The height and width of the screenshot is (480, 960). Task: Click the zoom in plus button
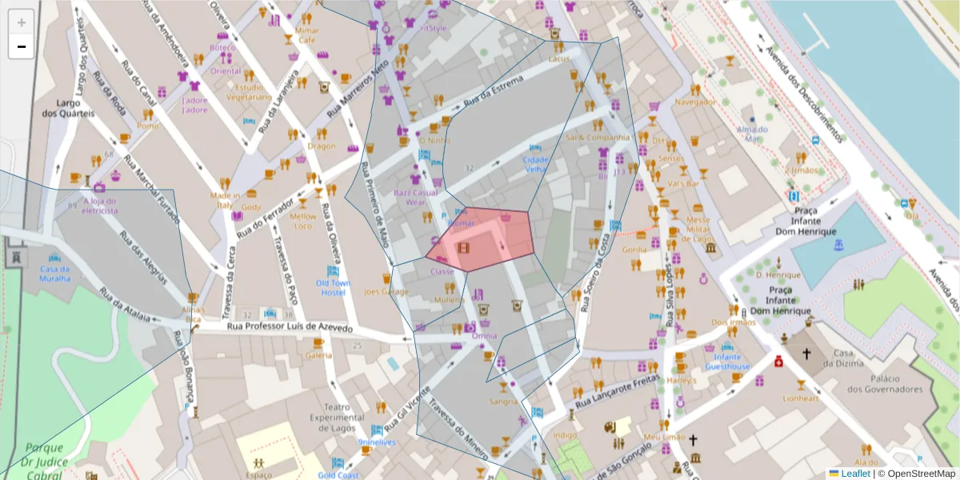pyautogui.click(x=22, y=22)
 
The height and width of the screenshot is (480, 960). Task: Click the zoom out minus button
pyautogui.click(x=22, y=46)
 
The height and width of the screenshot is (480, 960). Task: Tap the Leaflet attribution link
pyautogui.click(x=855, y=474)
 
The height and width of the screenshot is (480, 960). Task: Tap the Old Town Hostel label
pyautogui.click(x=333, y=287)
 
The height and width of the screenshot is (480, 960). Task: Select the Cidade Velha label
pyautogui.click(x=535, y=164)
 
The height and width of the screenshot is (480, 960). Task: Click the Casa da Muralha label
pyautogui.click(x=55, y=273)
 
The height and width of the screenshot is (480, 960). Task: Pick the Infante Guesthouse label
pyautogui.click(x=727, y=362)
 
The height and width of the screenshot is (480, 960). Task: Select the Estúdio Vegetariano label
pyautogui.click(x=248, y=91)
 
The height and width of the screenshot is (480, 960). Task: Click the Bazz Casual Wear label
pyautogui.click(x=415, y=197)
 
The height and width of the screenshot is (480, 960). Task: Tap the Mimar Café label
pyautogui.click(x=307, y=35)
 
